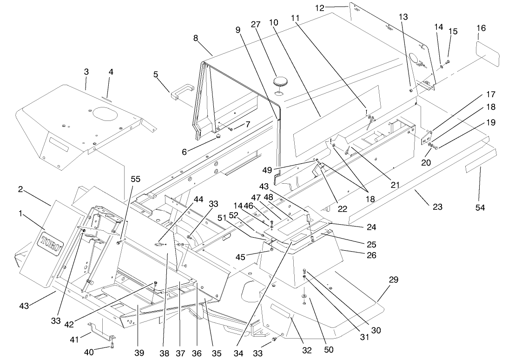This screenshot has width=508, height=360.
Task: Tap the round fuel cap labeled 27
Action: [x=280, y=82]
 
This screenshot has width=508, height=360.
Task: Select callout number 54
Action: [x=480, y=207]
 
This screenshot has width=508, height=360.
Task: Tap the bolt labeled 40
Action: [x=112, y=345]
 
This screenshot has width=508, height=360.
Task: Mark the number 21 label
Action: [x=395, y=185]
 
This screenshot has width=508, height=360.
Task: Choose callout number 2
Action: [x=20, y=189]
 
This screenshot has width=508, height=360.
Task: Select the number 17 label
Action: [x=490, y=94]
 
